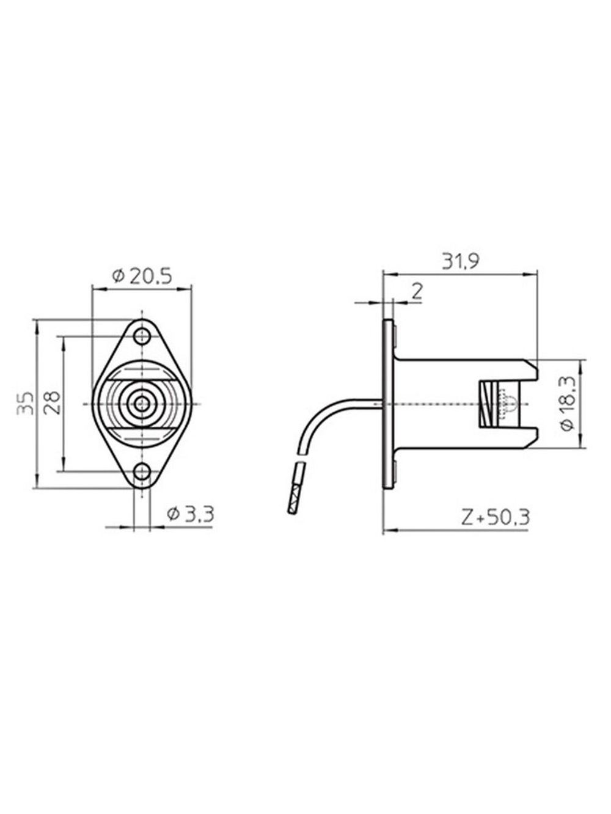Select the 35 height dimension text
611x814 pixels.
26,404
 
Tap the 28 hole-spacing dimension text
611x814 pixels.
53,403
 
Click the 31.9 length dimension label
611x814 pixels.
461,262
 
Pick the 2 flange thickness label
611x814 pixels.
417,292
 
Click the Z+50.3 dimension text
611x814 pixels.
496,517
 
